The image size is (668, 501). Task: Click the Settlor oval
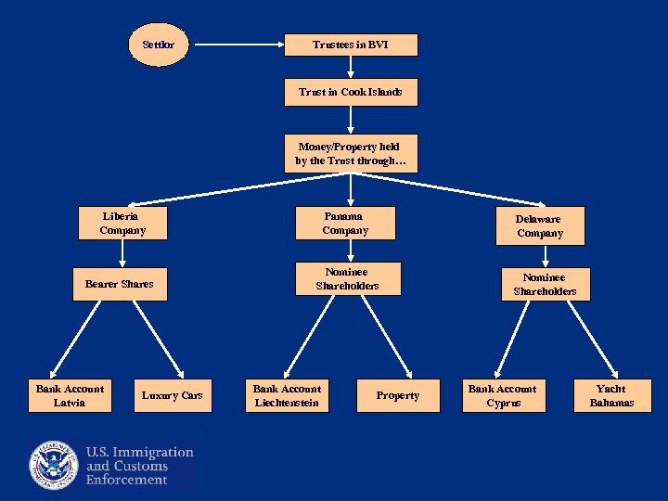[x=158, y=45]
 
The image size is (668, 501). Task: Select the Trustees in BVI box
[x=351, y=45]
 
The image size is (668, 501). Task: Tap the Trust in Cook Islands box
[x=351, y=92]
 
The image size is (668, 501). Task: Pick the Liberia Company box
[x=122, y=223]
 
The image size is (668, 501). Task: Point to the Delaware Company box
[x=539, y=225]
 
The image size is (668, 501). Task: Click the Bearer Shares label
[x=120, y=283]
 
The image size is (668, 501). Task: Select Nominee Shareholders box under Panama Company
[x=347, y=278]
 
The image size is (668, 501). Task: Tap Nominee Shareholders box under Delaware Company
[x=545, y=284]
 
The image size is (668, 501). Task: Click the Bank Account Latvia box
[x=70, y=395]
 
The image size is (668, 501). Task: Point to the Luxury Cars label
[x=172, y=395]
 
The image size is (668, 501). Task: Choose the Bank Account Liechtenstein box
[x=287, y=395]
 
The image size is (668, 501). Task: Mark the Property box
[x=397, y=395]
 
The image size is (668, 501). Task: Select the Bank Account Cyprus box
[x=502, y=395]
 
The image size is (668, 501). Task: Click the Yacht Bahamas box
[x=611, y=395]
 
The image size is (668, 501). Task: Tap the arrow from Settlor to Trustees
[x=237, y=45]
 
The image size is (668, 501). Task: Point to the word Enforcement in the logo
[x=127, y=480]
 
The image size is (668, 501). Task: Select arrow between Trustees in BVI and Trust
[x=351, y=68]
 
